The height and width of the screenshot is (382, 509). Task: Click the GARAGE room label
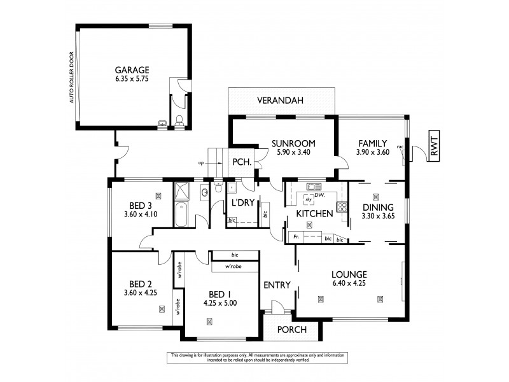[132, 70]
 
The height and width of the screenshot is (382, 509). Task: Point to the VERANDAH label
[281, 101]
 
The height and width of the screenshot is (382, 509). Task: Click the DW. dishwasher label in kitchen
[319, 194]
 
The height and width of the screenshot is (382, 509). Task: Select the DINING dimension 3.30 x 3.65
[377, 216]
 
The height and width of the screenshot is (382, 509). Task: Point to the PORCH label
[292, 330]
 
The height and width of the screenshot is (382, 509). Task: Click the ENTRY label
[277, 285]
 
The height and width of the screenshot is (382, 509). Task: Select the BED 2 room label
[141, 284]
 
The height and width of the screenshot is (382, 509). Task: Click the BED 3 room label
[141, 205]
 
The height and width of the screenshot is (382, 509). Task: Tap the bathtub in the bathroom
[181, 215]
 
